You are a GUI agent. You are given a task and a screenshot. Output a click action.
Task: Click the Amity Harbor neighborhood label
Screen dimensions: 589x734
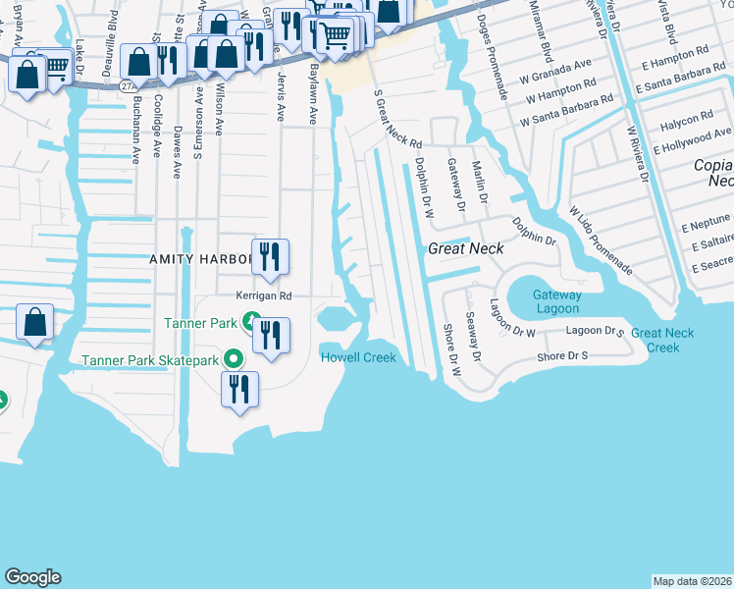[x=201, y=259]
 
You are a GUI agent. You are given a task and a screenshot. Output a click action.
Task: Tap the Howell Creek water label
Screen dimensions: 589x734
[x=358, y=357]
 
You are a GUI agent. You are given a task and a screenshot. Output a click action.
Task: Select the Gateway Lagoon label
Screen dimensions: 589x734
[x=556, y=301]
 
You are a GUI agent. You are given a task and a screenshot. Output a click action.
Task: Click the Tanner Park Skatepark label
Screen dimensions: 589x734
[x=164, y=360]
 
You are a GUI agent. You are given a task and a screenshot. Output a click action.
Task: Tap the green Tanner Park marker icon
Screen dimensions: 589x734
[x=252, y=321]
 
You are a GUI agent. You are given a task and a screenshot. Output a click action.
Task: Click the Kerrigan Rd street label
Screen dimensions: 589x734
[x=264, y=295]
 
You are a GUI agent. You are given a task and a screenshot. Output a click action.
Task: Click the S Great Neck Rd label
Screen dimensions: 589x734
[x=398, y=118]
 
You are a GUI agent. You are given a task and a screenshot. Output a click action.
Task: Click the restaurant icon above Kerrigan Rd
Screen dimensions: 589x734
[x=268, y=257]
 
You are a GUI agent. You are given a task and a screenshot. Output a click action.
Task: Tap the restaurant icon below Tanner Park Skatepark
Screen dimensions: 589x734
[x=238, y=389]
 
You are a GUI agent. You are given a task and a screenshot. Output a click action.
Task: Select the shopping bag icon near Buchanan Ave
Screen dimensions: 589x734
[x=140, y=62]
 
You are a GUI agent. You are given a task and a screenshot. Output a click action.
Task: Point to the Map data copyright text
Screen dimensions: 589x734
[x=691, y=581]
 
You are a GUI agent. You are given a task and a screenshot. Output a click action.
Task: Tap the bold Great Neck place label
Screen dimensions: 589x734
[x=466, y=249]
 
